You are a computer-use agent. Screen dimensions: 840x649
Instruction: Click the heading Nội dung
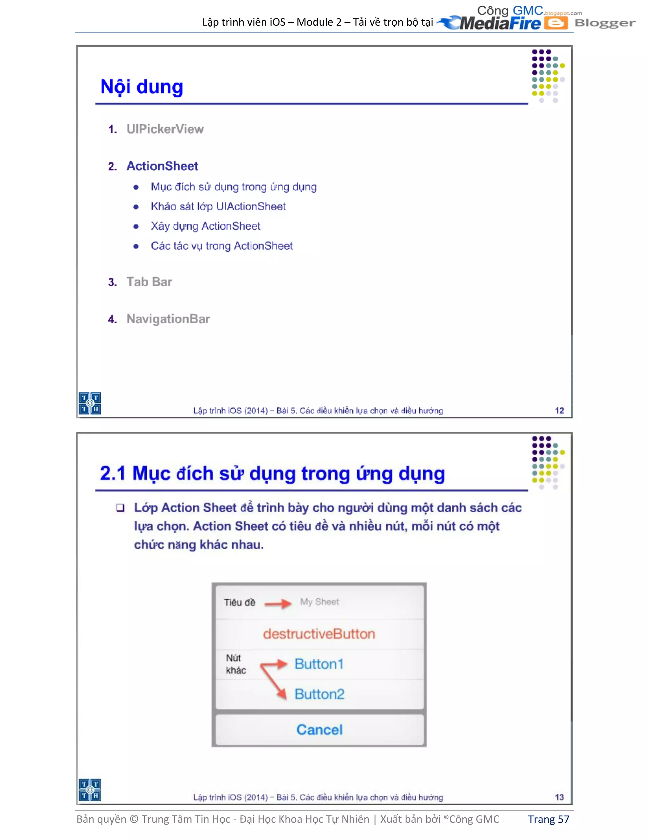pos(141,87)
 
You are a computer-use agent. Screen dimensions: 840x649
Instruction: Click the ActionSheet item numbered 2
pos(162,166)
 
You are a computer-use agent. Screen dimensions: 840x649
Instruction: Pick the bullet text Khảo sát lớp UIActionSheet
pos(218,207)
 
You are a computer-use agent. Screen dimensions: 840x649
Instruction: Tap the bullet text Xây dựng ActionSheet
pos(205,226)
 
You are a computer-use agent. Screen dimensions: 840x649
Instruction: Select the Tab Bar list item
pos(149,282)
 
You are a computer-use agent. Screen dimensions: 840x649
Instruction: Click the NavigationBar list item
pos(168,319)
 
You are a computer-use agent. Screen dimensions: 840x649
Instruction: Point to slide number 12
pos(559,410)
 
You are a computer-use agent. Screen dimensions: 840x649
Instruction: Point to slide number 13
pos(559,797)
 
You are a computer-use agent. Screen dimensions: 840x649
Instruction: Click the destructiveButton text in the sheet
pos(319,634)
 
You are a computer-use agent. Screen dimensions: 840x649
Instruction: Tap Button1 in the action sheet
pos(319,664)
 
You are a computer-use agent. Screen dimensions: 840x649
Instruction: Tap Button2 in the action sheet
pos(319,694)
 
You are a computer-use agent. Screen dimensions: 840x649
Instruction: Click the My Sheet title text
pos(319,602)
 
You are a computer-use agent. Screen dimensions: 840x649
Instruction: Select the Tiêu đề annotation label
pos(240,602)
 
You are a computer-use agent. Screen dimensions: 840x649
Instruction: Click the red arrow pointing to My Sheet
pos(278,604)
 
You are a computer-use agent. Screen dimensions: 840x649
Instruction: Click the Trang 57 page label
pos(548,819)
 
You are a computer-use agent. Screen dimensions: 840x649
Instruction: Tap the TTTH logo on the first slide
pos(90,403)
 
